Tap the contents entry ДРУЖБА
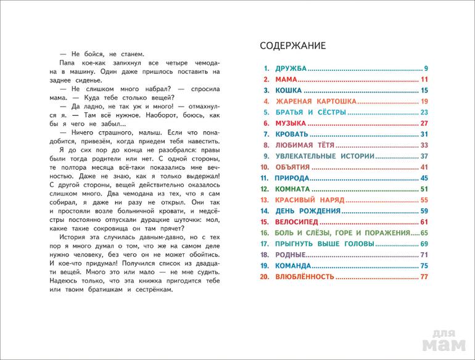[289, 68]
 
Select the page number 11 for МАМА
[424, 80]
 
